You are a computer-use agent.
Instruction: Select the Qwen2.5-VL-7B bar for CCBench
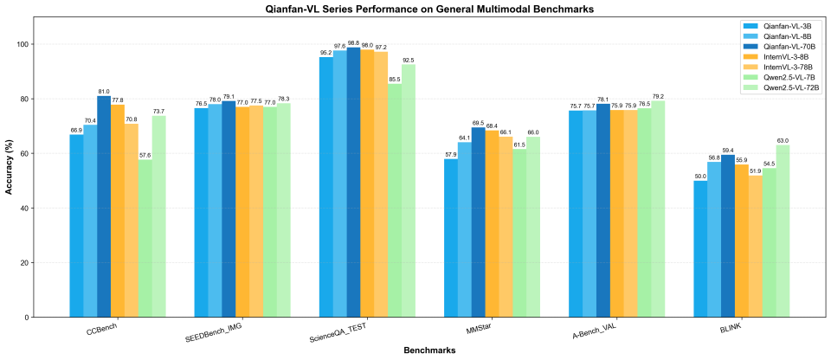click(x=145, y=238)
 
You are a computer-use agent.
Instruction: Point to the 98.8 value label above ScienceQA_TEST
click(x=353, y=42)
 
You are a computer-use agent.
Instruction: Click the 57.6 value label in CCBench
click(x=145, y=154)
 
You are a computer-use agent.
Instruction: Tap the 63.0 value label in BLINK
click(x=783, y=140)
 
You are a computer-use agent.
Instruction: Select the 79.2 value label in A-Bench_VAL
click(x=658, y=96)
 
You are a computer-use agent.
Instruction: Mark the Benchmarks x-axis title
click(x=423, y=350)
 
